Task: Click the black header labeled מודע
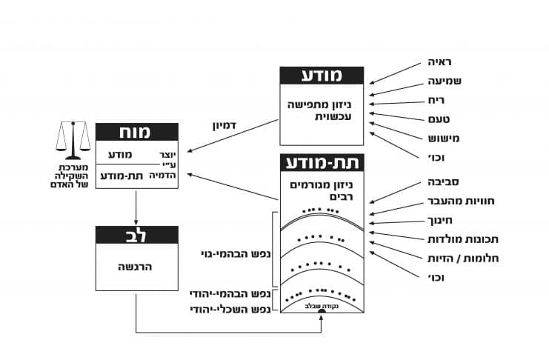[322, 76]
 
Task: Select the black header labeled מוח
[137, 133]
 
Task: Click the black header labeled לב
[137, 236]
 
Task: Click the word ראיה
[436, 61]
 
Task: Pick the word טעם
[438, 119]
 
